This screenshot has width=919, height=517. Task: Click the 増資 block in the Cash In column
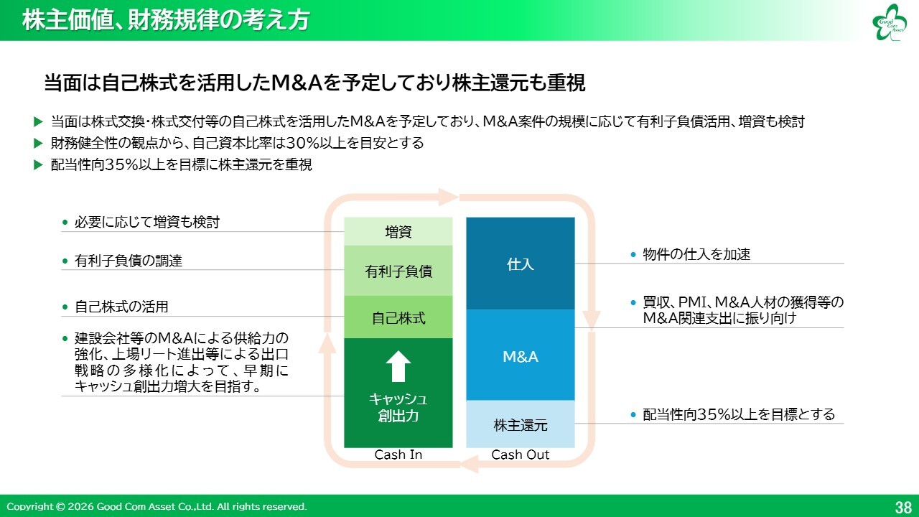pyautogui.click(x=398, y=231)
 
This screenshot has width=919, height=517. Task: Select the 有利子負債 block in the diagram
pyautogui.click(x=398, y=271)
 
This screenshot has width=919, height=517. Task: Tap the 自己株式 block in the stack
pyautogui.click(x=398, y=317)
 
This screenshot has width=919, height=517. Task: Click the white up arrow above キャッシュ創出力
pyautogui.click(x=398, y=366)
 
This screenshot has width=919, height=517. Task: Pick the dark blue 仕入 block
pyautogui.click(x=521, y=264)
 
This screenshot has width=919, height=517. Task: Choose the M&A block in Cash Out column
pyautogui.click(x=521, y=356)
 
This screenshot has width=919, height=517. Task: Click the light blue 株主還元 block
pyautogui.click(x=521, y=424)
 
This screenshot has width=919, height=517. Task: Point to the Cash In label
pyautogui.click(x=398, y=455)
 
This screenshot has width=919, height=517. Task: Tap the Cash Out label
pyautogui.click(x=521, y=455)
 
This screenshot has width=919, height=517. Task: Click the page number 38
pyautogui.click(x=903, y=506)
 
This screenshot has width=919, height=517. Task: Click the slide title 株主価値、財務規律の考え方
pyautogui.click(x=166, y=21)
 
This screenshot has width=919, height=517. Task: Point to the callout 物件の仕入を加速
pyautogui.click(x=696, y=254)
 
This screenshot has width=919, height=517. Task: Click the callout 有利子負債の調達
pyautogui.click(x=129, y=261)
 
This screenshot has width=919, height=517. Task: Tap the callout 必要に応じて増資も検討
pyautogui.click(x=147, y=223)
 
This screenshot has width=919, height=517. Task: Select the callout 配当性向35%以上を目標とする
pyautogui.click(x=739, y=414)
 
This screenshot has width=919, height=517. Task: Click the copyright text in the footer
pyautogui.click(x=157, y=506)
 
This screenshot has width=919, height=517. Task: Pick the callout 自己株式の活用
pyautogui.click(x=121, y=307)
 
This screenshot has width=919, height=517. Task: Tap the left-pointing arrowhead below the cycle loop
pyautogui.click(x=470, y=466)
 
